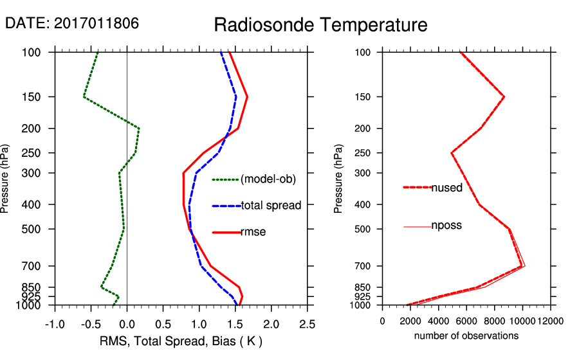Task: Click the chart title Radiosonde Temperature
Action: (x=320, y=25)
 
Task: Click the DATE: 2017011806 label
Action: (x=71, y=23)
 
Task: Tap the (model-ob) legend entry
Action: (x=268, y=179)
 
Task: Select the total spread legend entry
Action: (x=271, y=206)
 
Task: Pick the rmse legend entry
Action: (x=253, y=232)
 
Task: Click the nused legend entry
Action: (x=446, y=187)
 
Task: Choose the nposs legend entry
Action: (x=446, y=226)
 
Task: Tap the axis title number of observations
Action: (x=466, y=336)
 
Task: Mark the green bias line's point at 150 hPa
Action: (x=84, y=97)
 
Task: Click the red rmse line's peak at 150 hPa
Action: (x=247, y=97)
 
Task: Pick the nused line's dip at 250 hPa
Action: (x=452, y=153)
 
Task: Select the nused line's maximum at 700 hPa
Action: (x=522, y=266)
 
